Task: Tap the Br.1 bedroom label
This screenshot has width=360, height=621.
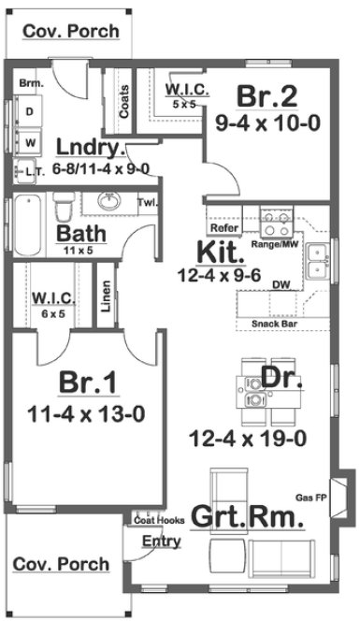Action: pyautogui.click(x=87, y=383)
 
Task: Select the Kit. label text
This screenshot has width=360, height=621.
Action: pyautogui.click(x=221, y=252)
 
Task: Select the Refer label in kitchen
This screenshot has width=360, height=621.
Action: pyautogui.click(x=223, y=227)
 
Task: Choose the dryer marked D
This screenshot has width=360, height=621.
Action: pyautogui.click(x=31, y=111)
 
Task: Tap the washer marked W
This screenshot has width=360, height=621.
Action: pyautogui.click(x=31, y=143)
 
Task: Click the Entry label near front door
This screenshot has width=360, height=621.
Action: pyautogui.click(x=161, y=542)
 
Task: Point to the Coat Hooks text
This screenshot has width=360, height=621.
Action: pyautogui.click(x=156, y=519)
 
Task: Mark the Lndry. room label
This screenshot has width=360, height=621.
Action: pyautogui.click(x=90, y=148)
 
